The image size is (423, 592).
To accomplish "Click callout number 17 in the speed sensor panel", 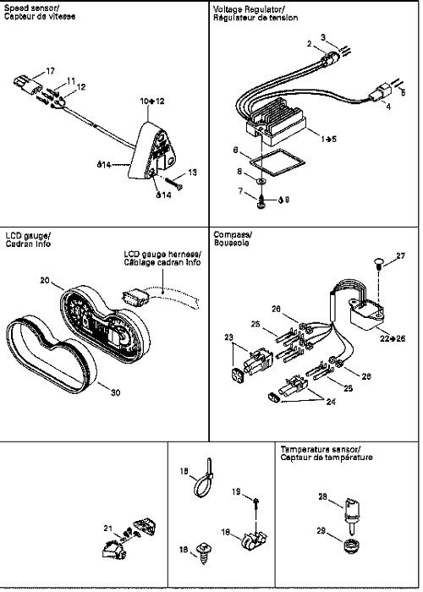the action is (50, 71).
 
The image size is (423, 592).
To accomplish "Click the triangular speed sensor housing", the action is (153, 151).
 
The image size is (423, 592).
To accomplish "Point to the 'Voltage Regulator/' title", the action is (249, 9).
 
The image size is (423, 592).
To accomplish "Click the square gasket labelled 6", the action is (277, 162).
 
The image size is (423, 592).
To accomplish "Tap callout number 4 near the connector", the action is (388, 107).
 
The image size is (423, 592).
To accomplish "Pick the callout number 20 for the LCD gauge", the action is (45, 281).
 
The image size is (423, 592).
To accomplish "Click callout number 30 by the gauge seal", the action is (115, 392).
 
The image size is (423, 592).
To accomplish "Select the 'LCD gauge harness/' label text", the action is (162, 254).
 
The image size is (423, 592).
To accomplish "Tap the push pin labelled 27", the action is (379, 263).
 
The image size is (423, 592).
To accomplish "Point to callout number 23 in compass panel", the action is (229, 337).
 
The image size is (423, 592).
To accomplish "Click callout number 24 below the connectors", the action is (331, 402).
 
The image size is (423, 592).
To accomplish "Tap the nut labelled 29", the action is (352, 547).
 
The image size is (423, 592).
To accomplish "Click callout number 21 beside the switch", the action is (108, 529).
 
